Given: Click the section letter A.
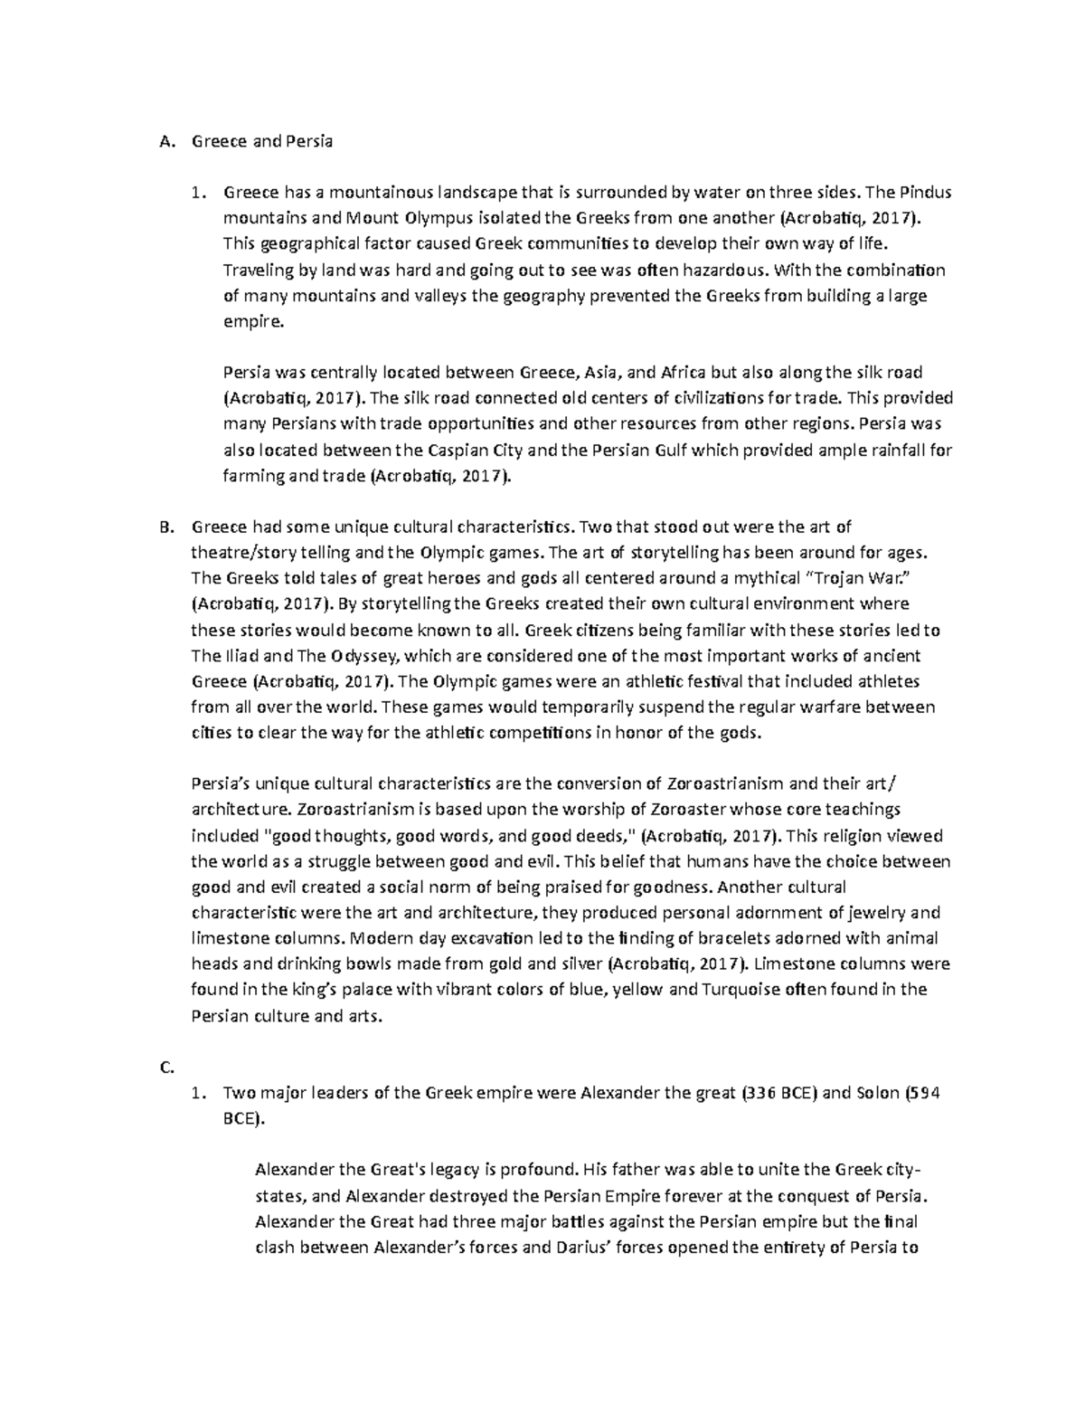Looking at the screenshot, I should [x=164, y=141].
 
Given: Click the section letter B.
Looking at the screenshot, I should [x=164, y=527].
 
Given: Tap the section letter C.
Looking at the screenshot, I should [x=165, y=1068].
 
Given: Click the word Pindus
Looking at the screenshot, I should [x=924, y=193].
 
